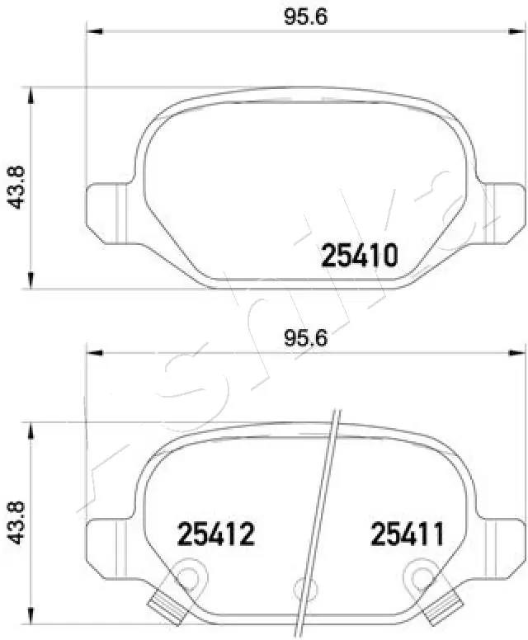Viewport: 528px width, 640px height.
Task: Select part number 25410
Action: pyautogui.click(x=360, y=256)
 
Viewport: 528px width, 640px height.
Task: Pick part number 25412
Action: pyautogui.click(x=216, y=535)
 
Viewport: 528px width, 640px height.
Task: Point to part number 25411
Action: pyautogui.click(x=407, y=535)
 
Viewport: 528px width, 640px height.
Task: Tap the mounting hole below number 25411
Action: pyautogui.click(x=424, y=576)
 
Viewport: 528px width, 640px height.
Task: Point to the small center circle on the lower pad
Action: pyautogui.click(x=302, y=587)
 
